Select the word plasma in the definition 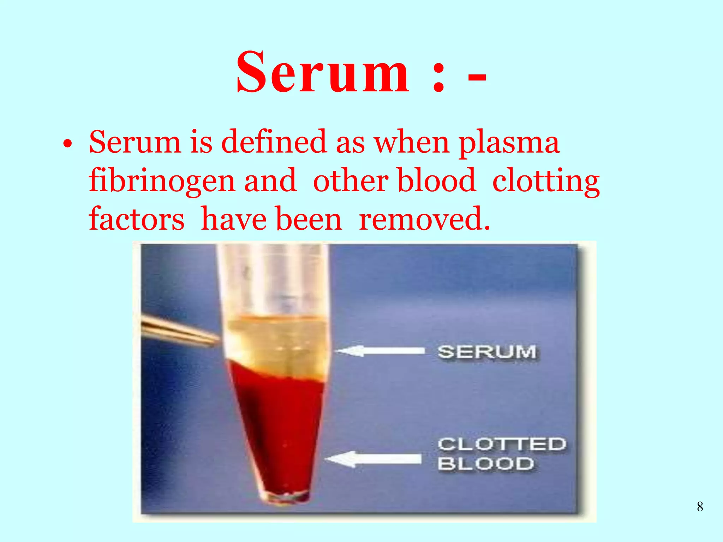509,143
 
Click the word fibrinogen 162,181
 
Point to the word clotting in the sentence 546,181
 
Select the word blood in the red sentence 437,181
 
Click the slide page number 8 700,507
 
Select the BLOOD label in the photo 486,463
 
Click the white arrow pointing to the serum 380,351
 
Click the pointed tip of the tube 286,498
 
